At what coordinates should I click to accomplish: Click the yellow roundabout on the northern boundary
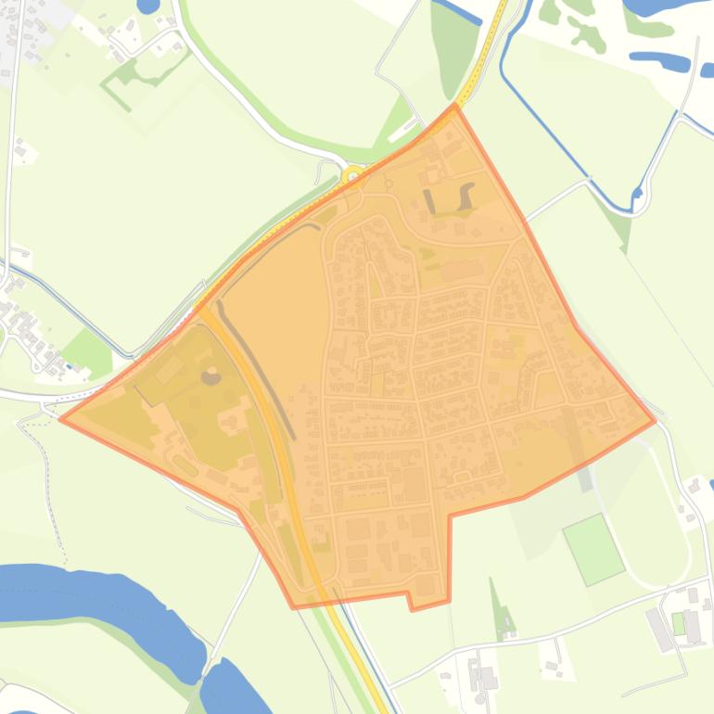click(352, 175)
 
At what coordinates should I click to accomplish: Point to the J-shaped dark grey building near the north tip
click(465, 196)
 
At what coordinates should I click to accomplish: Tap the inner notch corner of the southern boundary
click(449, 516)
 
